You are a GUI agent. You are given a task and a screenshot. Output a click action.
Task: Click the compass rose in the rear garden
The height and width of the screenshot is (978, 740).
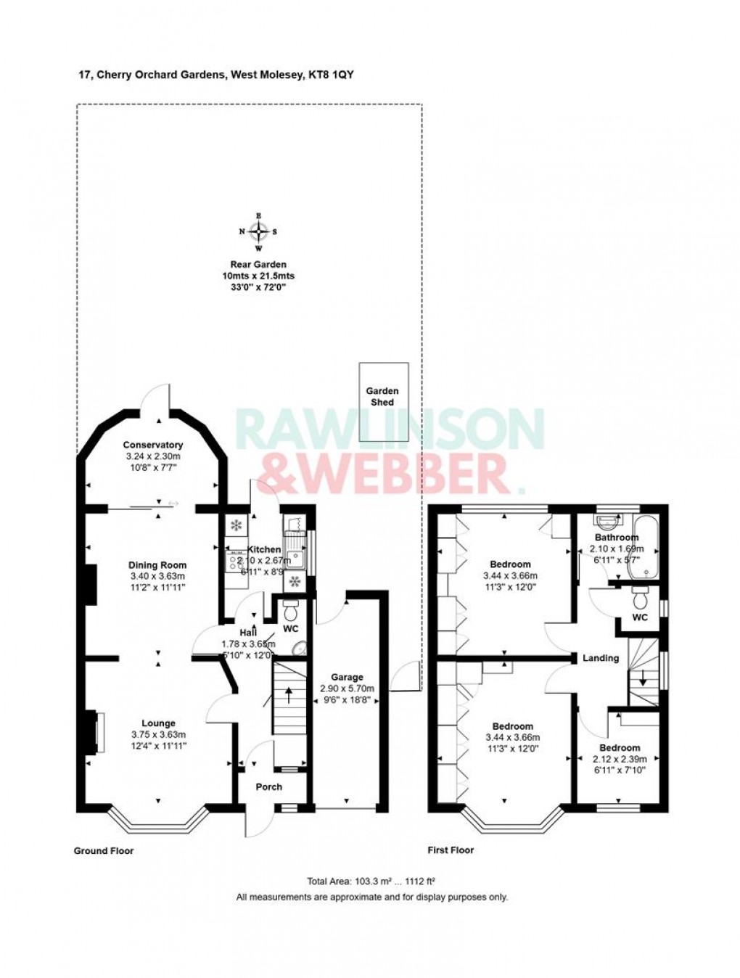click(259, 231)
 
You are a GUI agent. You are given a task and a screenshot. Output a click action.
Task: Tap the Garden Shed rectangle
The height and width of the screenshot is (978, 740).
click(383, 401)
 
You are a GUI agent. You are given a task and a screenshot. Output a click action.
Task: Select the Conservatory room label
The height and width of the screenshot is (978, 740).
click(152, 445)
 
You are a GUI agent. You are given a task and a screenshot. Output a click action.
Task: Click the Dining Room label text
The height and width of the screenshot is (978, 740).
click(157, 565)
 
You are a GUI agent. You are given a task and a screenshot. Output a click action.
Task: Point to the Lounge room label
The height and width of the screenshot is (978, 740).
click(158, 723)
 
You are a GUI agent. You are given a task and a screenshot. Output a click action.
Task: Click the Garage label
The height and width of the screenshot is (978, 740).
click(345, 677)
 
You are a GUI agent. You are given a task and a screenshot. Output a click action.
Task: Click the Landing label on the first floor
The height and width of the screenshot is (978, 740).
click(601, 658)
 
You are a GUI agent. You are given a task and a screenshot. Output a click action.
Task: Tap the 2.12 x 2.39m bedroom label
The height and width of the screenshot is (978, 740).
click(620, 759)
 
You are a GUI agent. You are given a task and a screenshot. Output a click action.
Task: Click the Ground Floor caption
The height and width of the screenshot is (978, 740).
click(104, 851)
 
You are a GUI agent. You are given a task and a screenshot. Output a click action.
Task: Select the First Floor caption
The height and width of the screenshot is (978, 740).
click(451, 850)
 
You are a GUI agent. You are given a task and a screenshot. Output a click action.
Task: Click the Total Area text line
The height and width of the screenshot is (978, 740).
click(371, 882)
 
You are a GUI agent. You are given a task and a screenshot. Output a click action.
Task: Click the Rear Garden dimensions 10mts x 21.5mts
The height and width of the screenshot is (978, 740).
click(258, 276)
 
